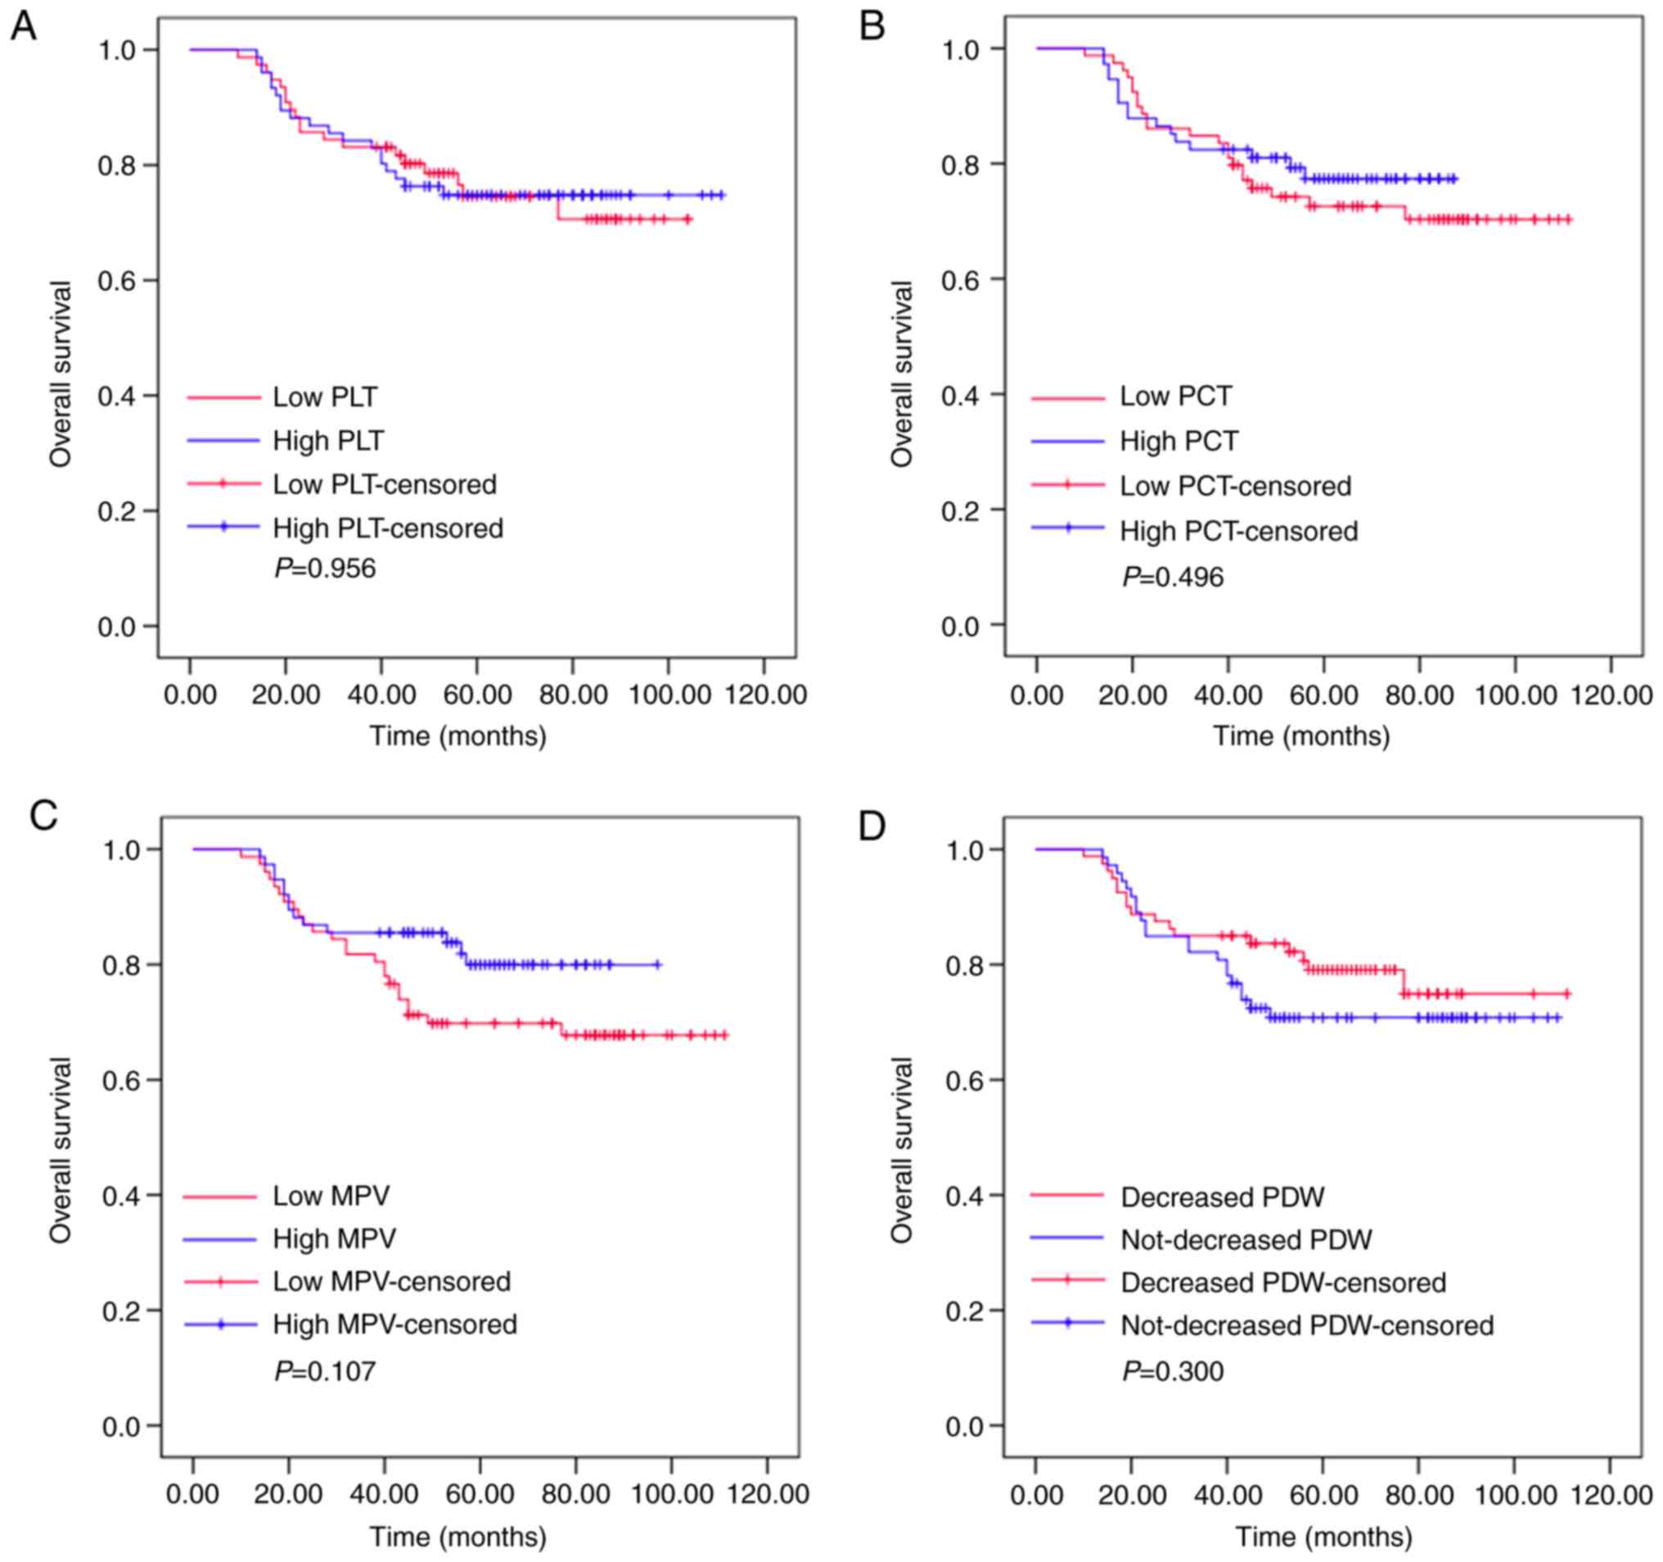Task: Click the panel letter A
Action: click(23, 28)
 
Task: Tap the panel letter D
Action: click(872, 827)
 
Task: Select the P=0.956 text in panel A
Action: click(326, 569)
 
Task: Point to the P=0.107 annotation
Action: click(326, 1372)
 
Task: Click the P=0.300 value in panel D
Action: click(1173, 1372)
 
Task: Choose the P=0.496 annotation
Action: click(1173, 577)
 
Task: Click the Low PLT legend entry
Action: click(325, 397)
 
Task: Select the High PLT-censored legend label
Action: click(387, 529)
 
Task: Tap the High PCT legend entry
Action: click(1179, 441)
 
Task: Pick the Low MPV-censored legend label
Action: click(390, 1282)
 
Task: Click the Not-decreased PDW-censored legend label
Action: click(1307, 1326)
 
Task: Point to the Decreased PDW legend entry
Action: click(1222, 1197)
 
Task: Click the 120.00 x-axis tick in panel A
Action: click(763, 695)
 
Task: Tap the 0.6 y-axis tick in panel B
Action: click(959, 279)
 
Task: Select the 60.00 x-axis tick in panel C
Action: click(480, 1494)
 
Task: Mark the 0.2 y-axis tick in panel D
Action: click(963, 1310)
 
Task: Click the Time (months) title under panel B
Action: click(1301, 736)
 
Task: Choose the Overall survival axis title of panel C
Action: click(61, 1150)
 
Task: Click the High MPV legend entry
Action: click(334, 1239)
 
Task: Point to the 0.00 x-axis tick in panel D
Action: click(1035, 1494)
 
